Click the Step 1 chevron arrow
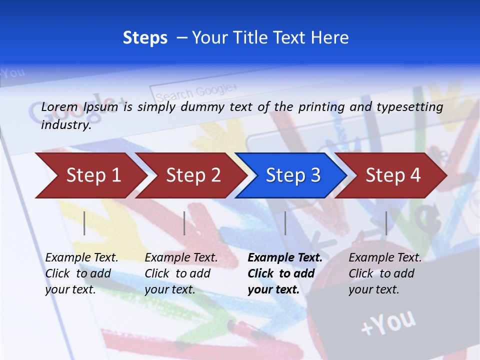(x=90, y=175)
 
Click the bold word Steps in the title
(x=145, y=38)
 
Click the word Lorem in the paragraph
(x=59, y=107)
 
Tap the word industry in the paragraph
(x=65, y=125)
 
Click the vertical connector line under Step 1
(x=84, y=223)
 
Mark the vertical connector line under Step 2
(x=184, y=223)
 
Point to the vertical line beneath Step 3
(x=285, y=223)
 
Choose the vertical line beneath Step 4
(x=386, y=223)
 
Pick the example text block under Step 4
(x=385, y=273)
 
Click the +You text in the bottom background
(x=388, y=322)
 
